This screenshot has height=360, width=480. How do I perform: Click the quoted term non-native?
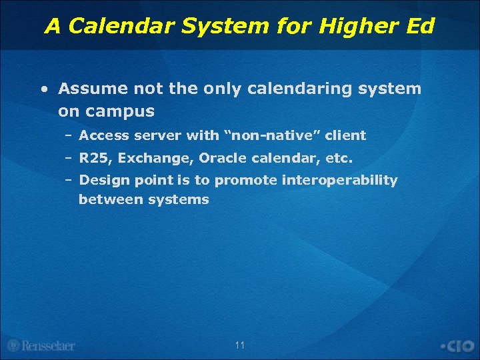[273, 135]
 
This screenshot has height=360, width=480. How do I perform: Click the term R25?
[94, 159]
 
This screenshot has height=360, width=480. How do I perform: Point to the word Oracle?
[223, 159]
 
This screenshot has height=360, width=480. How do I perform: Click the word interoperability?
[340, 181]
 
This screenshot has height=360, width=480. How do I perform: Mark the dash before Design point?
[69, 180]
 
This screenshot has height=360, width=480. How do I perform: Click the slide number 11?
[240, 345]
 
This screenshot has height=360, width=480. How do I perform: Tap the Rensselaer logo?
[41, 345]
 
